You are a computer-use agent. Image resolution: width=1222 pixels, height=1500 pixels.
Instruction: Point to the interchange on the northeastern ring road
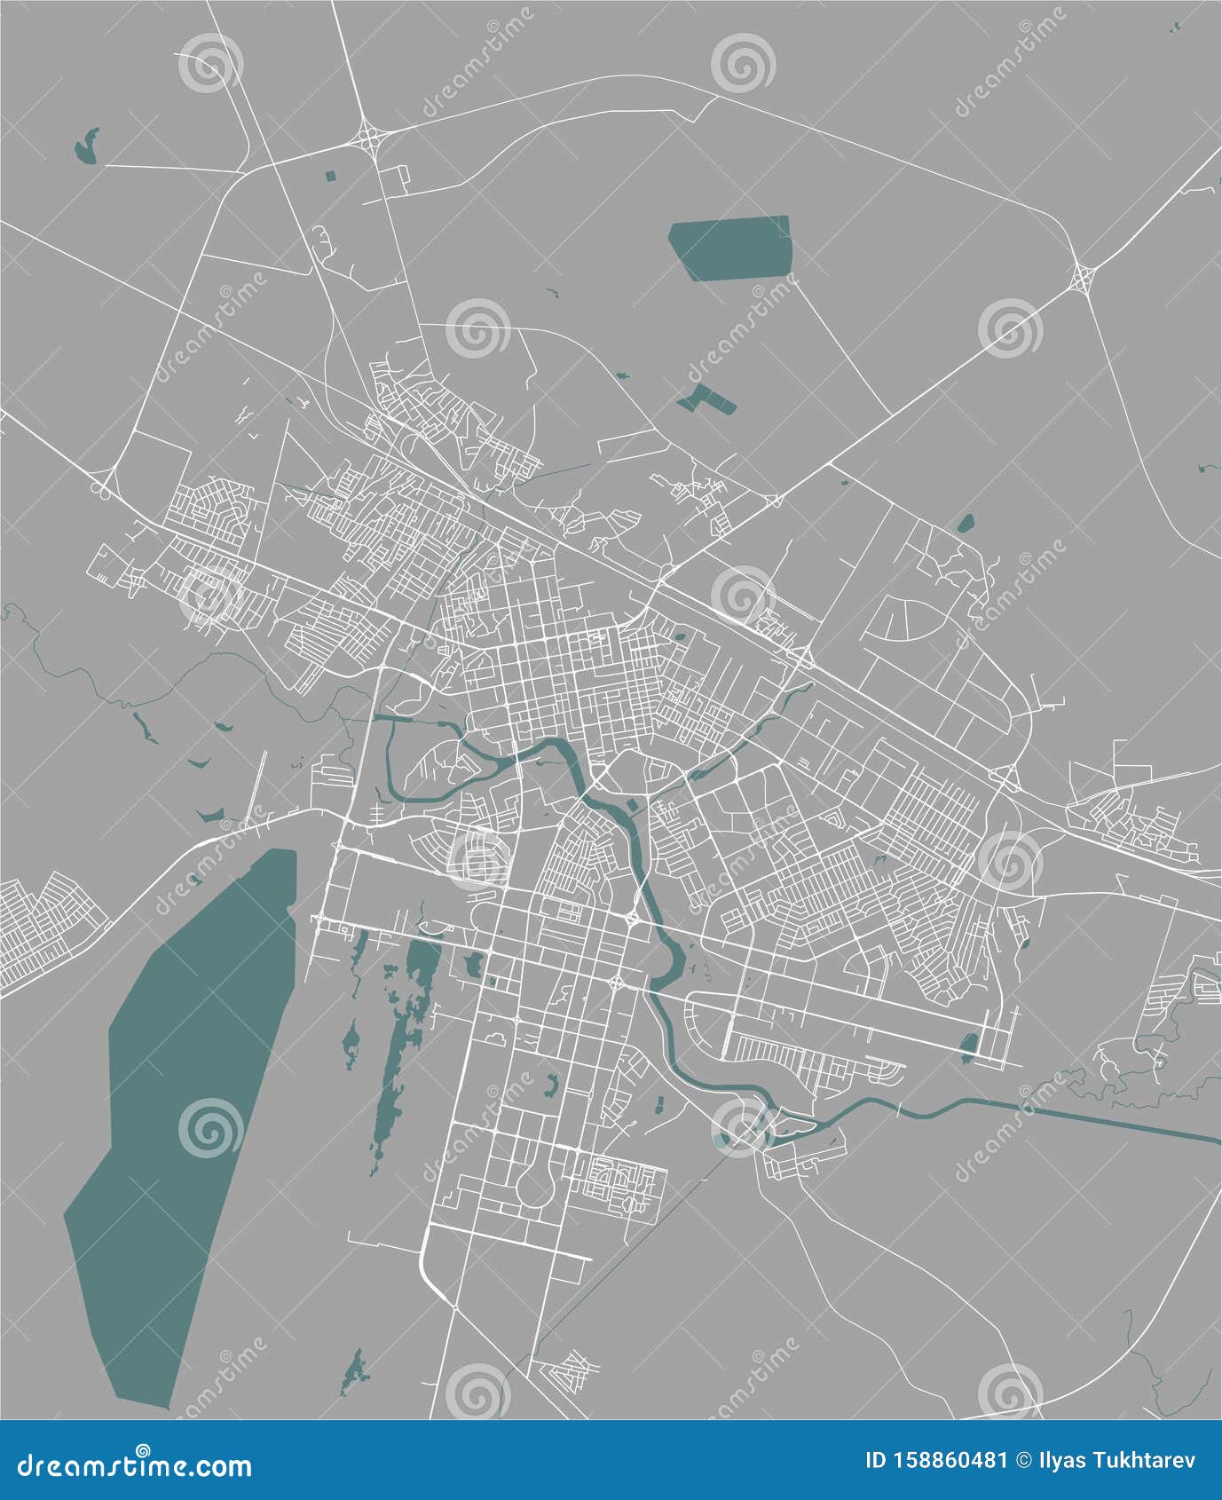click(1084, 278)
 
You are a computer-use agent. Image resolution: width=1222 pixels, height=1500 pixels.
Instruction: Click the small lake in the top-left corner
click(85, 146)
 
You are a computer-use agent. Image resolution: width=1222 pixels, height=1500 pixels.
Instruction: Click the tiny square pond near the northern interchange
click(331, 176)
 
